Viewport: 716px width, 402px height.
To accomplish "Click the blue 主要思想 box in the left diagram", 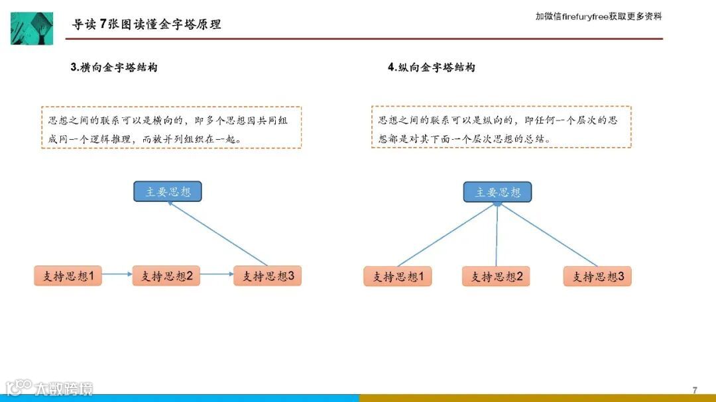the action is point(167,192).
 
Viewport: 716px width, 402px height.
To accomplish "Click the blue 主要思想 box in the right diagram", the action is point(497,193).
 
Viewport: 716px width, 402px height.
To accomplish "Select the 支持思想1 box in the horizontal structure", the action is point(68,276).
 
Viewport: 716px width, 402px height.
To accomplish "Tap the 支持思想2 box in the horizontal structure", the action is point(166,276).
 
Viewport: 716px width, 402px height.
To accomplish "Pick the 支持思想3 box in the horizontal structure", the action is point(267,276).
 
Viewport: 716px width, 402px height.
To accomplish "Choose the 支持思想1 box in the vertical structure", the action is point(398,277).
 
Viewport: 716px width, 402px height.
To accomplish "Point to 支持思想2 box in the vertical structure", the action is point(496,277).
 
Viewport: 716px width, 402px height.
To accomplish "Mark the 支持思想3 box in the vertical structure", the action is point(597,277).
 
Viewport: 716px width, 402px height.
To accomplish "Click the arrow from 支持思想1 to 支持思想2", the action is point(117,274).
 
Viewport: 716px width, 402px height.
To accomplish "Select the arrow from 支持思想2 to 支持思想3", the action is point(217,274).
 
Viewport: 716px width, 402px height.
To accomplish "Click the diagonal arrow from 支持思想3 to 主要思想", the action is point(219,234).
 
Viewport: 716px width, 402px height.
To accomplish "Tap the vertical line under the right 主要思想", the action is point(497,235).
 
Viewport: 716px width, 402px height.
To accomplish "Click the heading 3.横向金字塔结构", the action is point(114,68).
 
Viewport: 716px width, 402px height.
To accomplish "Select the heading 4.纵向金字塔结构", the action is point(432,68).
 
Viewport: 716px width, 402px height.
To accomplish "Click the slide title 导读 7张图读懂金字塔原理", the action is point(147,25).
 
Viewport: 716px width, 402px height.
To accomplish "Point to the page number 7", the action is point(695,390).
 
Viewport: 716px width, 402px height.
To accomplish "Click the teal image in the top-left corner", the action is point(31,28).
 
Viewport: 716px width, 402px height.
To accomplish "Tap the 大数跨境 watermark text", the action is point(64,389).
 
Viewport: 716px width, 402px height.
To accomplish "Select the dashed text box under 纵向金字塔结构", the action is point(501,127).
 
